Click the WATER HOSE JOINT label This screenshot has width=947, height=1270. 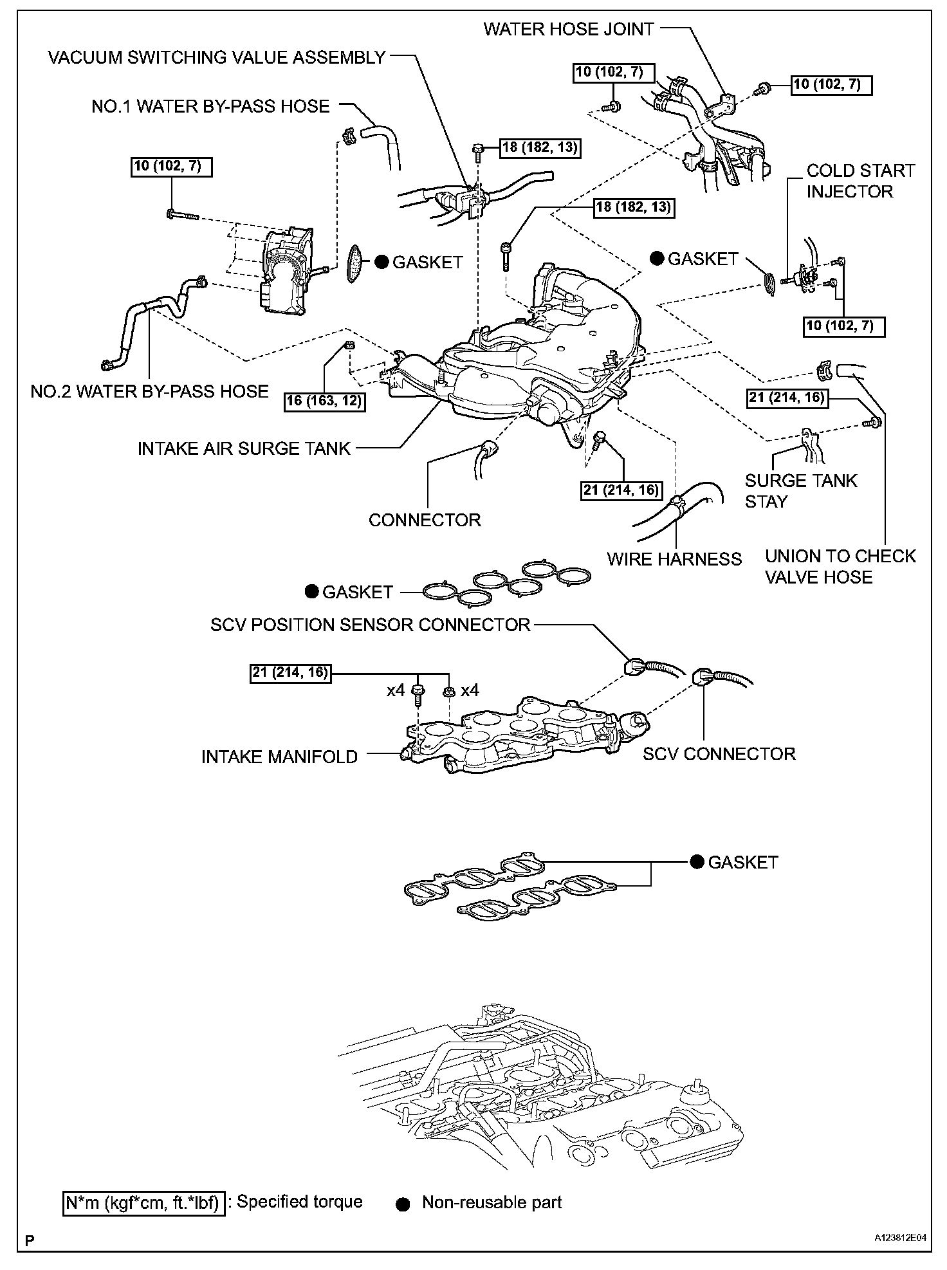(569, 30)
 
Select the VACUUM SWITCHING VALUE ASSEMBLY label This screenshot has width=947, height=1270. (217, 58)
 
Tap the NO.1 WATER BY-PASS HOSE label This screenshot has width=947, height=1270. (210, 106)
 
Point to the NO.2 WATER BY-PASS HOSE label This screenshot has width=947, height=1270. (149, 391)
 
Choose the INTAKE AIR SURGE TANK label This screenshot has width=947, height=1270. (244, 448)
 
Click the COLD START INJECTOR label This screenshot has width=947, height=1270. (860, 181)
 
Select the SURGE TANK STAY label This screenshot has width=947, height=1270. (801, 491)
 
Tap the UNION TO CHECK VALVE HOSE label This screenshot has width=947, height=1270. (840, 566)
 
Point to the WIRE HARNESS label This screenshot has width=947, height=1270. (674, 558)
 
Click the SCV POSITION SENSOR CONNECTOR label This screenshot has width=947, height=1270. (371, 625)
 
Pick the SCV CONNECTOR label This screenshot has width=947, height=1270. (719, 753)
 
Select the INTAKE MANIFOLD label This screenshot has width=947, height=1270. (279, 757)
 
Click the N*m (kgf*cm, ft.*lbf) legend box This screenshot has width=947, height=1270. (144, 1202)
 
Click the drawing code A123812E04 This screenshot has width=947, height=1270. (900, 1255)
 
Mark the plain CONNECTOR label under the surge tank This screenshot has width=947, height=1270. (425, 520)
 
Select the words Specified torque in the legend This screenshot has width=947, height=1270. (300, 1202)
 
